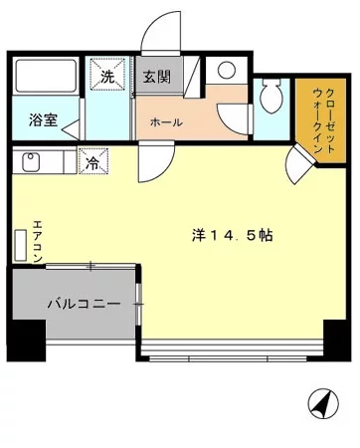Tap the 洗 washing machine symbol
(x=106, y=75)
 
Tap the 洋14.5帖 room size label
(x=234, y=235)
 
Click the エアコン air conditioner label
(x=37, y=240)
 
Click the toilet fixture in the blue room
(x=269, y=97)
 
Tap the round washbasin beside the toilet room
(x=227, y=71)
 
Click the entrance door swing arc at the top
(x=157, y=38)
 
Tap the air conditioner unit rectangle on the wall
(x=20, y=245)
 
